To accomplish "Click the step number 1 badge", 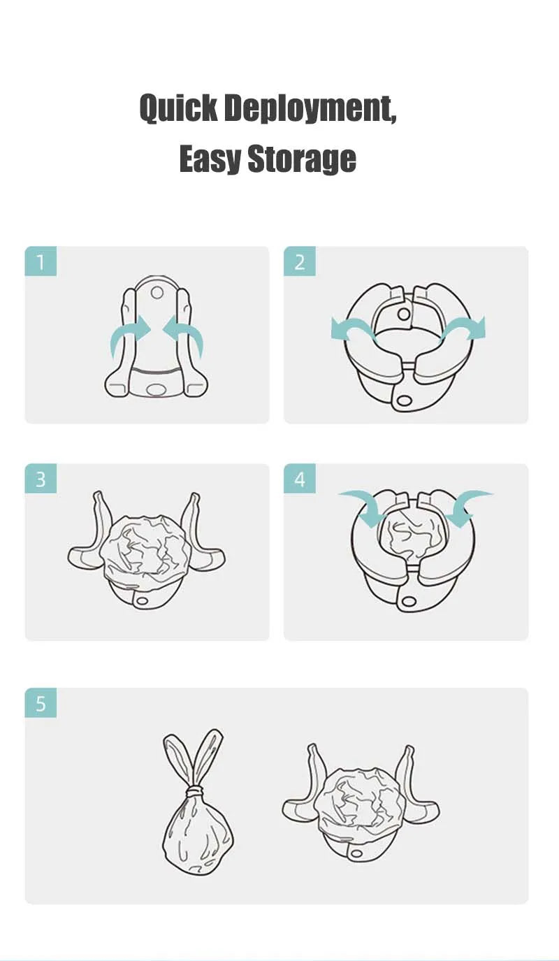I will [41, 262].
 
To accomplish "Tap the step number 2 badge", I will [300, 262].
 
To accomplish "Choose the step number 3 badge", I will [41, 479].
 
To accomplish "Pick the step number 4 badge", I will [300, 479].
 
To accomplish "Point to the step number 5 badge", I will [41, 703].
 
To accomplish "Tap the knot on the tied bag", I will [195, 791].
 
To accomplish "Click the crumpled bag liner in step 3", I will [145, 549].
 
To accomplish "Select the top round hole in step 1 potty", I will [157, 291].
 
